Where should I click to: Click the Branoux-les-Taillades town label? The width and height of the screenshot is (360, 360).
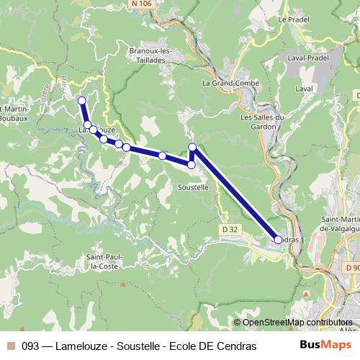point(149,56)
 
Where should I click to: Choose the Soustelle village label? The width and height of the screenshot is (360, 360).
point(192,186)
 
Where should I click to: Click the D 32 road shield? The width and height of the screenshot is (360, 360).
point(228,230)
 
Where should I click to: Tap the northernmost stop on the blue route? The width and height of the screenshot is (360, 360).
point(82,101)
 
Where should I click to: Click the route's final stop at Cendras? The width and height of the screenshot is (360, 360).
point(278,239)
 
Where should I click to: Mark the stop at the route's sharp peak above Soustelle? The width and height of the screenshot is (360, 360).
point(192,148)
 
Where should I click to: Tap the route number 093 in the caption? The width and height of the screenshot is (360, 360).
point(31,346)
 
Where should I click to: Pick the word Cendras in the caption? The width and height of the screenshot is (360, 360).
point(237,346)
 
